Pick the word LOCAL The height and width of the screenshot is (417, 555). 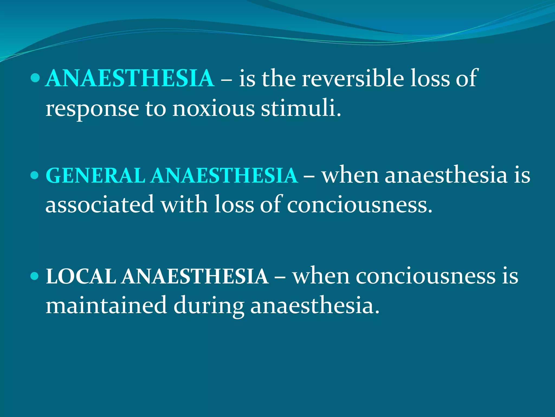coord(81,277)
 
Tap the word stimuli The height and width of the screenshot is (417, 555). coord(301,109)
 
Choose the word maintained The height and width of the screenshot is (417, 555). coord(106,305)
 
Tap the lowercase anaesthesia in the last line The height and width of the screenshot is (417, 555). coord(314,305)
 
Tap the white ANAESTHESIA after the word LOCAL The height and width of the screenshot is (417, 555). coord(195,277)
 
